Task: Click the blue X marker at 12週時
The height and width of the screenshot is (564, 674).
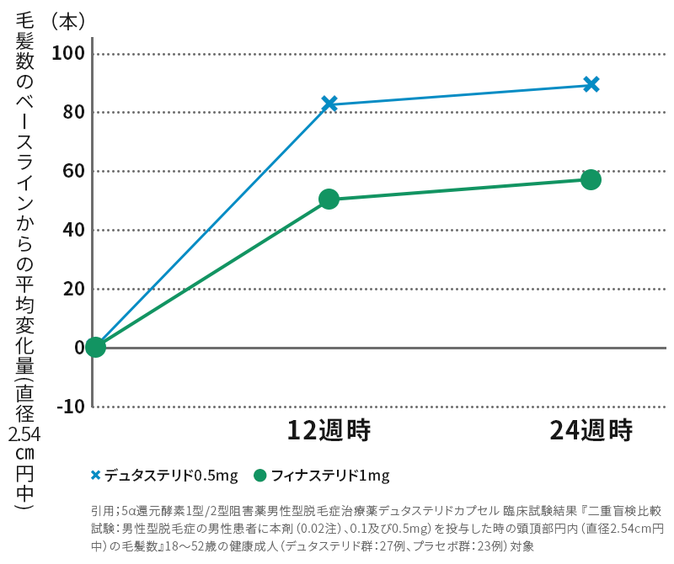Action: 329,104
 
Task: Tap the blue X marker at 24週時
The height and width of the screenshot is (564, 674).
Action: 591,84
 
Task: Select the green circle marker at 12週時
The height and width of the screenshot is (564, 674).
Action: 329,199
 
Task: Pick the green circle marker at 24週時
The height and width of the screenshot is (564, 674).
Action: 591,179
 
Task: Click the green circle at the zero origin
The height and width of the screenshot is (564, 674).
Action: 95,347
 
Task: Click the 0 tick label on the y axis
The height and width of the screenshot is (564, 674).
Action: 78,347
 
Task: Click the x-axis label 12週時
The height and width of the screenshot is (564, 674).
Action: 329,430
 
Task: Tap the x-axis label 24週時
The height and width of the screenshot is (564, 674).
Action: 591,430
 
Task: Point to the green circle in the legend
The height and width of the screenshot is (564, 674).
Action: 259,476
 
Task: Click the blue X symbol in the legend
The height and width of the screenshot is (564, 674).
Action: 96,476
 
